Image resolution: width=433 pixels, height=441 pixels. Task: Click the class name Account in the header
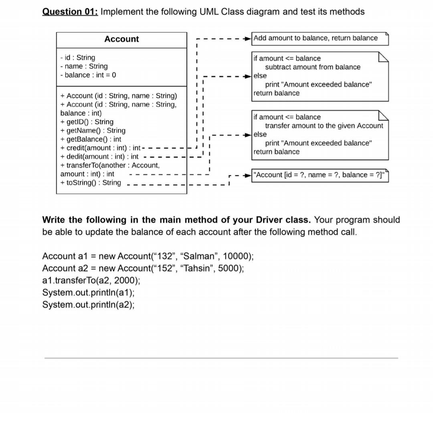click(121, 39)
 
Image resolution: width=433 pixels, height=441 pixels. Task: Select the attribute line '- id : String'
click(78, 58)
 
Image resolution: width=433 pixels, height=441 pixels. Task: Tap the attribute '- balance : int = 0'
click(88, 75)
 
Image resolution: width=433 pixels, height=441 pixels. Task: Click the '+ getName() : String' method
click(93, 131)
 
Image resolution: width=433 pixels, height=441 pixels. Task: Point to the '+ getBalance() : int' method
click(91, 139)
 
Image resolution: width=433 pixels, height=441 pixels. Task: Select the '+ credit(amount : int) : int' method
click(100, 148)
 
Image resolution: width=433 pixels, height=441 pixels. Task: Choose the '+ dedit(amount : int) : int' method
click(99, 157)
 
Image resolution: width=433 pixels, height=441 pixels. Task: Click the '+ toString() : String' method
click(90, 183)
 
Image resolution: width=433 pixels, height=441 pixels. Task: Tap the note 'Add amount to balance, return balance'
click(316, 38)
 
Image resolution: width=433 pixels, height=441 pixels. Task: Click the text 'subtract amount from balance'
click(312, 67)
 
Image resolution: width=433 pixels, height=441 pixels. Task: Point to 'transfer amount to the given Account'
click(324, 126)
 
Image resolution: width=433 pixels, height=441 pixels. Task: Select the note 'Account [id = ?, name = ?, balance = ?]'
click(320, 175)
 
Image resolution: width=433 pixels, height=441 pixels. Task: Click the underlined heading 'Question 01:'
click(70, 12)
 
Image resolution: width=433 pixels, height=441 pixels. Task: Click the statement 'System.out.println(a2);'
click(88, 304)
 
